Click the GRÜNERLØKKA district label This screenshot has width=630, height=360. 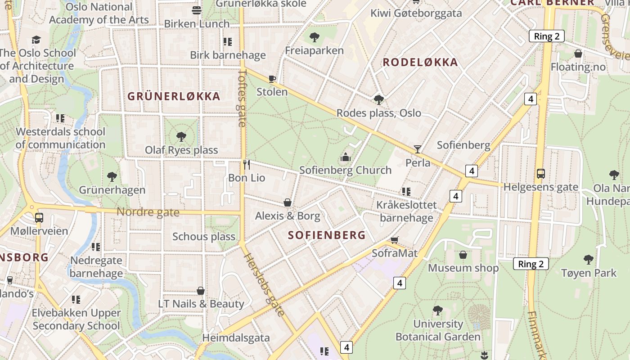click(174, 96)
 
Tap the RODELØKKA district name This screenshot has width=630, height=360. click(420, 63)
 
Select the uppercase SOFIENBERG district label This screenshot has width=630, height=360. click(327, 235)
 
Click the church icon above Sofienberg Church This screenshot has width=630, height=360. click(345, 157)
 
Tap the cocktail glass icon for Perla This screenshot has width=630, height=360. click(418, 149)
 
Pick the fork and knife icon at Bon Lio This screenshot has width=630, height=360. click(246, 164)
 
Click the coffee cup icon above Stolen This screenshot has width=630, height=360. click(272, 79)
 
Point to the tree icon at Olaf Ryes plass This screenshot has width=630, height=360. click(181, 136)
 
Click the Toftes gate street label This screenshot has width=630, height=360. click(243, 98)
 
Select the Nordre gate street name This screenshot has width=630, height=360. click(148, 212)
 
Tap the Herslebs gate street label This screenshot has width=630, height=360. click(265, 285)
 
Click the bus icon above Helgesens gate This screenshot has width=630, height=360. click(541, 174)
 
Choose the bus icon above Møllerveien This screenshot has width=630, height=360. click(39, 218)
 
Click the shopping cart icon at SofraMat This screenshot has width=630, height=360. click(395, 240)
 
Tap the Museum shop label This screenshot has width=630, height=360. click(463, 268)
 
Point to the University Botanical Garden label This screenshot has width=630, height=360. click(438, 330)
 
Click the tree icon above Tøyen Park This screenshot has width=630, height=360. click(588, 259)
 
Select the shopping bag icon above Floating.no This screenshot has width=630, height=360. click(578, 54)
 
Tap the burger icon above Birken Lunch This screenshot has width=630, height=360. click(197, 10)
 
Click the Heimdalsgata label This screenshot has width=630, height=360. click(236, 337)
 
